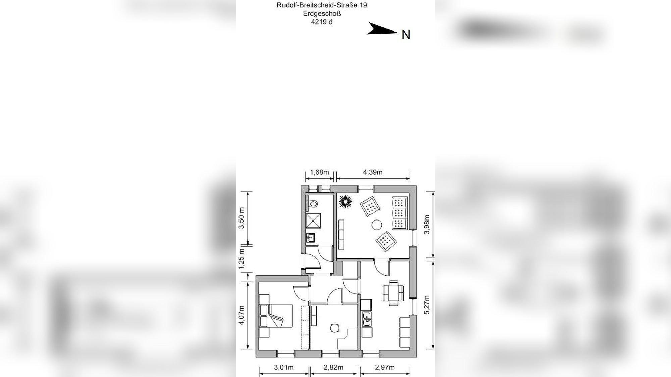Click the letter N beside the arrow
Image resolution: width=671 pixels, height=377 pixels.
point(406,35)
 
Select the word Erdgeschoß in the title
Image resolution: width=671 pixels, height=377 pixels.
point(322,14)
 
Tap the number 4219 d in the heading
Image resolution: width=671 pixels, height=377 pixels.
point(322,22)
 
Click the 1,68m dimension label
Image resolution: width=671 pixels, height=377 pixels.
point(319,172)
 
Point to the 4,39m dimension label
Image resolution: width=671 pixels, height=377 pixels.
point(372,172)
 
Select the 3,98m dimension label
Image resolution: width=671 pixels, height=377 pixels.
point(427,225)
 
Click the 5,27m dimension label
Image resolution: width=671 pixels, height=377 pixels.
point(427,305)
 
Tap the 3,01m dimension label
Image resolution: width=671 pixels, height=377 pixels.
point(283,367)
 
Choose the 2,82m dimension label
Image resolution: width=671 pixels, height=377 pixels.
point(333,367)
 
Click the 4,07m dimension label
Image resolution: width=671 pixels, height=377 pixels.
point(241,315)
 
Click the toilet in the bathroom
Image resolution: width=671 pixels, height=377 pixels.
point(313,203)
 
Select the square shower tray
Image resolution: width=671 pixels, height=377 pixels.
point(313,221)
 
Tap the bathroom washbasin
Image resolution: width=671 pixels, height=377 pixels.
point(311,238)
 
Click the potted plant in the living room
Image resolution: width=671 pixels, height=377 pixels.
point(345,202)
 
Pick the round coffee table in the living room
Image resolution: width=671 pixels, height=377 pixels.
point(377,225)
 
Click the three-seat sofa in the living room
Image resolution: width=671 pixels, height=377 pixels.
point(400,213)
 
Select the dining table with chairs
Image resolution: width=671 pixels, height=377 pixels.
point(393,293)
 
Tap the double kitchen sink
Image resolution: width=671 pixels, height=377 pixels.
point(367,319)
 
